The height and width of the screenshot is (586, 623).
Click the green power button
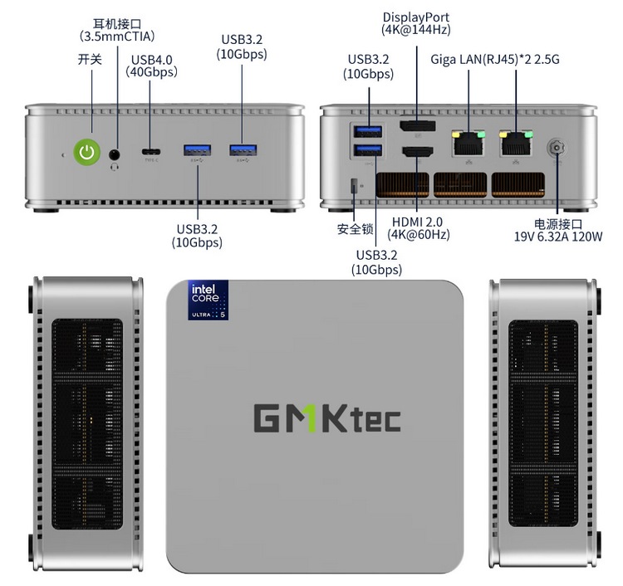[87, 151]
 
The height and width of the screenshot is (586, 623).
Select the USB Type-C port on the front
[151, 152]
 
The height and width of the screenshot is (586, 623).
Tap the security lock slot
[356, 185]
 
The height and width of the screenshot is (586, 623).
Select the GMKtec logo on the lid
[326, 418]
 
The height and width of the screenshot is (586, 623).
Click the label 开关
[89, 59]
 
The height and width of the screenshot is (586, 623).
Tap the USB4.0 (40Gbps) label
[152, 66]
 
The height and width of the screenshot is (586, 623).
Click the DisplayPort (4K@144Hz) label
[416, 23]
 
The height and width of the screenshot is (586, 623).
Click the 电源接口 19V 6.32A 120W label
[558, 231]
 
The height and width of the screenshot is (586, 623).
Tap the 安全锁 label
[355, 229]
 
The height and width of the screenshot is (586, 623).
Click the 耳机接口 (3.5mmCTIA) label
[117, 31]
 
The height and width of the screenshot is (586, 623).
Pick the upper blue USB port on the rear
[367, 131]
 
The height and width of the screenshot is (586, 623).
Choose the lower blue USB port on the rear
[367, 149]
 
